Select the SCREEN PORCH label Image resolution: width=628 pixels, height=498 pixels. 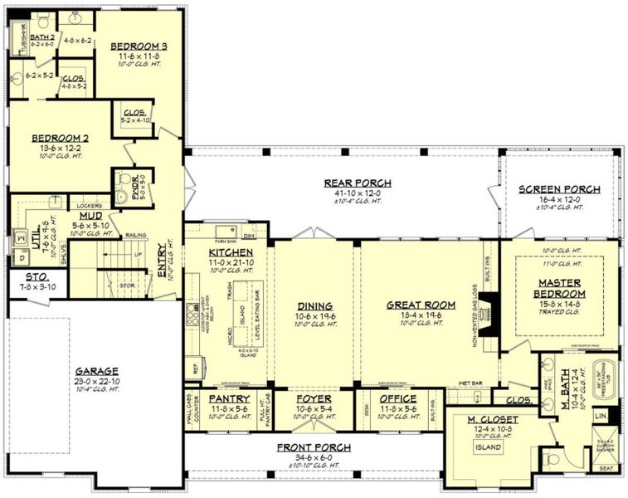[x=559, y=189]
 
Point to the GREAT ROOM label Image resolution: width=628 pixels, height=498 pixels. [x=421, y=305]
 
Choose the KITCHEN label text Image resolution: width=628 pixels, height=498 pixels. [x=225, y=251]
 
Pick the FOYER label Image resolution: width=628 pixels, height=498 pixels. [x=314, y=399]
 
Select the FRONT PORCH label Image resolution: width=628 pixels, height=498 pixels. [x=314, y=447]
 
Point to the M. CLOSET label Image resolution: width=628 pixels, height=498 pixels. [x=493, y=420]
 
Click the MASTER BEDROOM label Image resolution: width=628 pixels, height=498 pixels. [x=558, y=289]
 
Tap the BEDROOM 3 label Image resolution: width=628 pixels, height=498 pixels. [x=139, y=46]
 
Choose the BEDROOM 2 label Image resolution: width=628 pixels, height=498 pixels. [x=60, y=138]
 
